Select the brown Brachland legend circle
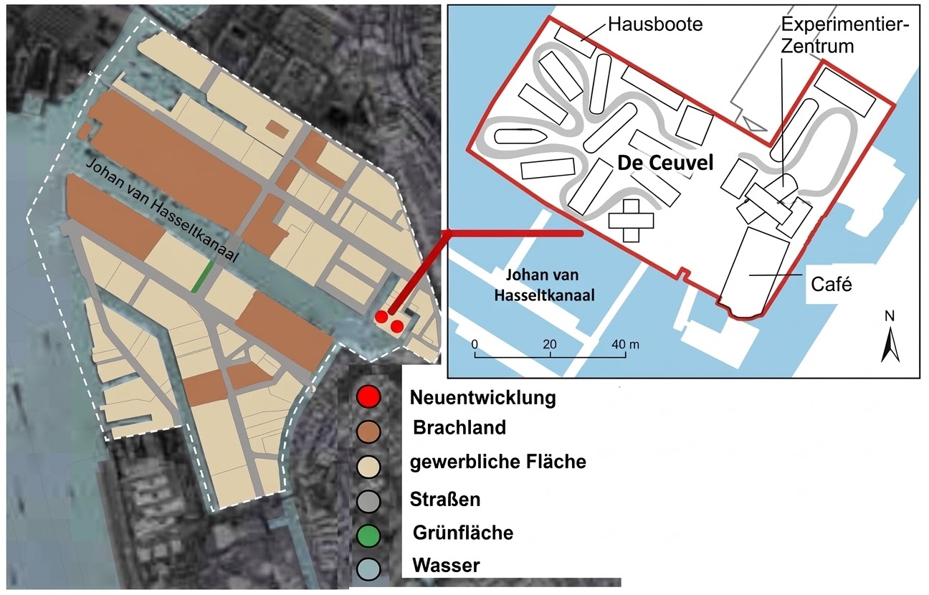[x=368, y=431]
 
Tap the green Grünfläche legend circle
[x=368, y=535]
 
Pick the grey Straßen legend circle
[x=368, y=500]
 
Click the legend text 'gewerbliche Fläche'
[x=497, y=462]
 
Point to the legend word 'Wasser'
[x=445, y=566]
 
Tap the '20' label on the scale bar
[x=550, y=343]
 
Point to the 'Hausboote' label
[x=655, y=24]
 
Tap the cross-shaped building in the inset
[x=631, y=220]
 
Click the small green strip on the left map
[x=204, y=276]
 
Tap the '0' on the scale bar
[x=475, y=343]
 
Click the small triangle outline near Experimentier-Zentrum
[x=753, y=123]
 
